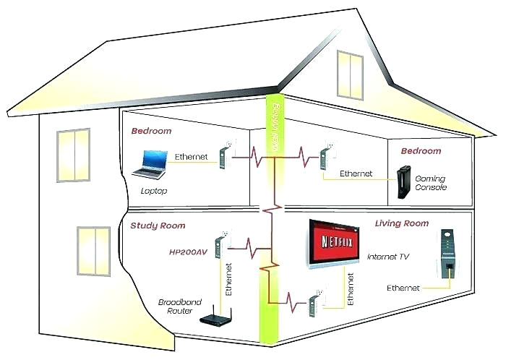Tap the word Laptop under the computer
point(153,191)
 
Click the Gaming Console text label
point(430,183)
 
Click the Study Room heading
point(158,226)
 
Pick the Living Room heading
point(401,223)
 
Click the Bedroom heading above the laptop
point(151,132)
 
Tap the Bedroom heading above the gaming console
point(421,151)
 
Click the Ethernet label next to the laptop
point(192,156)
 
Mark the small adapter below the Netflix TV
point(315,303)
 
